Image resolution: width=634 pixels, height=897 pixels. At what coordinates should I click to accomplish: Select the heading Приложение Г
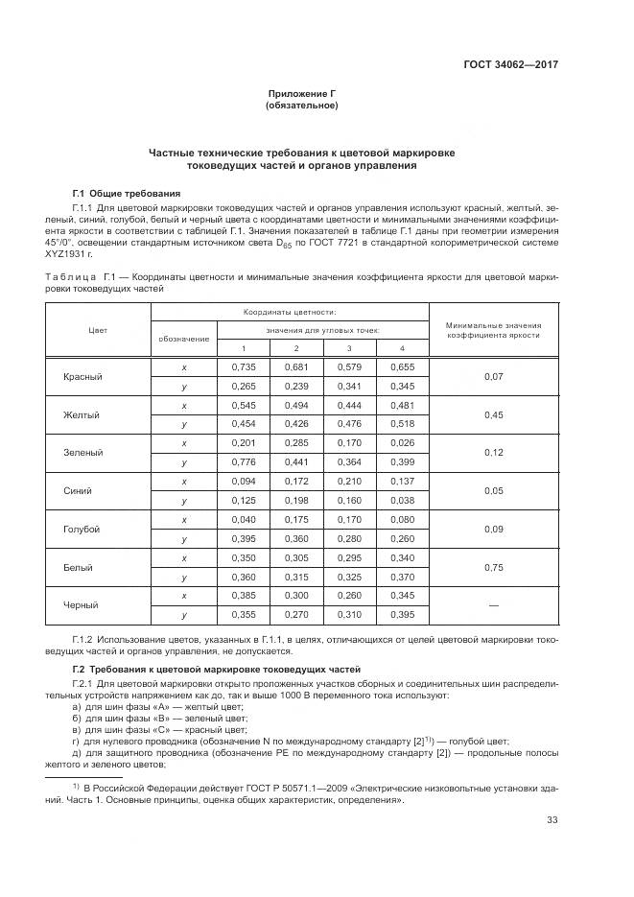click(x=301, y=93)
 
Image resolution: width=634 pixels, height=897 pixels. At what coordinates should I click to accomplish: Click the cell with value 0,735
click(x=244, y=366)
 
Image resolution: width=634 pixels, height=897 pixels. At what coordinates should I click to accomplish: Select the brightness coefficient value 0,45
click(x=493, y=414)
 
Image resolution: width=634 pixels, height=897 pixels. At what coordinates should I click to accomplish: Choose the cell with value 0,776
click(x=244, y=462)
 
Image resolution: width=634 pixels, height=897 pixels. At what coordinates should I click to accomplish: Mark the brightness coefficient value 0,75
click(x=493, y=567)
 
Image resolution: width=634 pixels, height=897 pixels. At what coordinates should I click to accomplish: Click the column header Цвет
click(x=97, y=329)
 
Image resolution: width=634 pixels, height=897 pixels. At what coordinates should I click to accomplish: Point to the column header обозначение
click(x=183, y=338)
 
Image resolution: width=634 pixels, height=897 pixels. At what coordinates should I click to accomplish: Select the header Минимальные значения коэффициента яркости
click(x=493, y=329)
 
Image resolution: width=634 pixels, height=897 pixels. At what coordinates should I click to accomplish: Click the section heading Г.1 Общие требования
click(x=127, y=193)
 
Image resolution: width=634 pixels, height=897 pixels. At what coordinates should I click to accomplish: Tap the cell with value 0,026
click(x=402, y=443)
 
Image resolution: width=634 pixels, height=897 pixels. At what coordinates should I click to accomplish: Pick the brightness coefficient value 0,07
click(x=493, y=376)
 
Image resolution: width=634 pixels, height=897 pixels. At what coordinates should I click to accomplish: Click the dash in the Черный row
click(x=493, y=605)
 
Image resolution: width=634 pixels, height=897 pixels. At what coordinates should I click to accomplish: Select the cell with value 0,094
click(x=244, y=481)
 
